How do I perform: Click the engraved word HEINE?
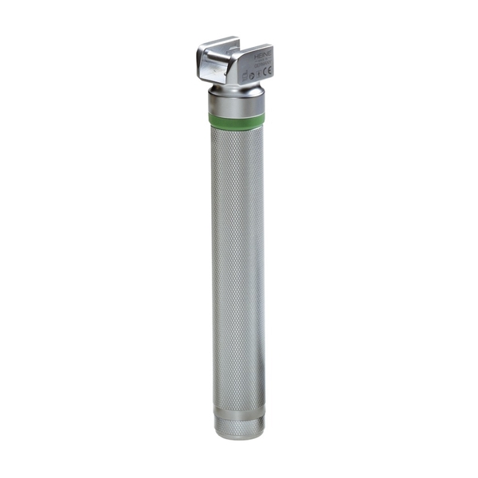point(262,56)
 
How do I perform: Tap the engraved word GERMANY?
point(262,65)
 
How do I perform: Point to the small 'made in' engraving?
point(262,61)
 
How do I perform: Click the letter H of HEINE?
point(256,57)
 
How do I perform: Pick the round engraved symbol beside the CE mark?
point(252,76)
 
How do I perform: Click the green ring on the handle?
point(237,119)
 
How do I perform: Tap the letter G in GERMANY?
point(255,66)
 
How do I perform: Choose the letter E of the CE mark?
point(269,72)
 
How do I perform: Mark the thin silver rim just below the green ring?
point(237,127)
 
